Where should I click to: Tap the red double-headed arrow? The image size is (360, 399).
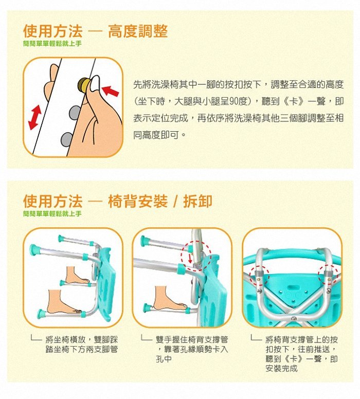[35, 117]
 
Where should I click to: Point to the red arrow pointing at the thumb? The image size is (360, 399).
[110, 91]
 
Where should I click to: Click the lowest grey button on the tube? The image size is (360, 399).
[67, 140]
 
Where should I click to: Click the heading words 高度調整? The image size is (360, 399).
[138, 31]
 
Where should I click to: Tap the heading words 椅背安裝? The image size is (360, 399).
[138, 201]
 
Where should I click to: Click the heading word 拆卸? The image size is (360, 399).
[197, 201]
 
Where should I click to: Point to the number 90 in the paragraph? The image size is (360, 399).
[234, 101]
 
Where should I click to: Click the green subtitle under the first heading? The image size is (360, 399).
[52, 44]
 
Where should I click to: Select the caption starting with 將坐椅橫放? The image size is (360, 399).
[82, 344]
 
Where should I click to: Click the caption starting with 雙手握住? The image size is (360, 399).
[192, 349]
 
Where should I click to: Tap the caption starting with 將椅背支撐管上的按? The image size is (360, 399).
[302, 354]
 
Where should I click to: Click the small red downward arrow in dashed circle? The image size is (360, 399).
[190, 259]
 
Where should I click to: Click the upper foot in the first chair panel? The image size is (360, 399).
[77, 276]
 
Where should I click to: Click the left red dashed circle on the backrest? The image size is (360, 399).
[259, 276]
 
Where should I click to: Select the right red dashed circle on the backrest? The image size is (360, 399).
[328, 275]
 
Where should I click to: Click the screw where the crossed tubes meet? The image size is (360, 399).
[294, 318]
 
